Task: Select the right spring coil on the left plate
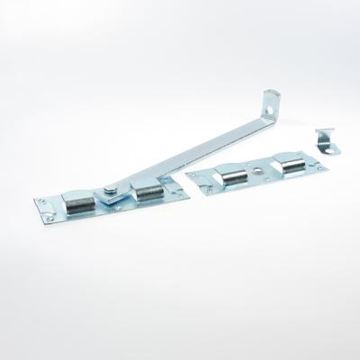coord(146,190)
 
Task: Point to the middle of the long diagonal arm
coord(189,148)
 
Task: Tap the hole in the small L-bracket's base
coord(334,145)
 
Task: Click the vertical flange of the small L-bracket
coord(323,136)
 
